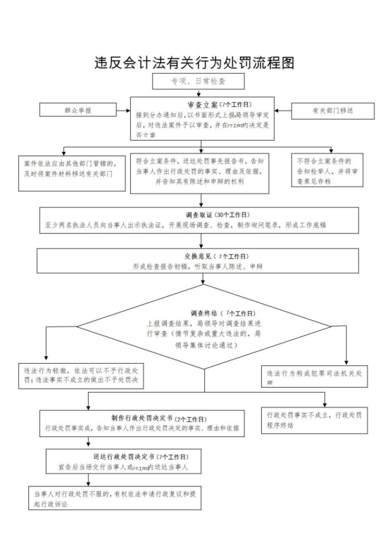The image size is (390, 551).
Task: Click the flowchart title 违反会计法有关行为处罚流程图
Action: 194,63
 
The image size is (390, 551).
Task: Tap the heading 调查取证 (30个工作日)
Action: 203,214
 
